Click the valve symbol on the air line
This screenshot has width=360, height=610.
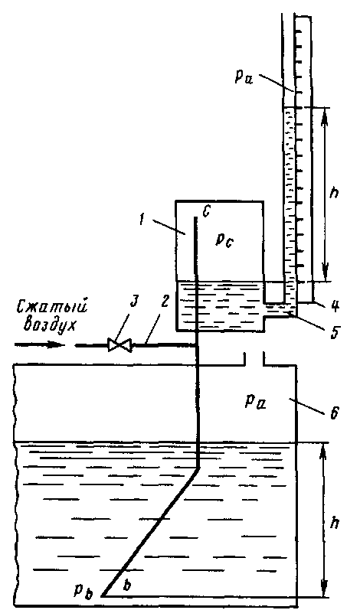(x=119, y=345)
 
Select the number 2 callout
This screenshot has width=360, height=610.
(x=165, y=302)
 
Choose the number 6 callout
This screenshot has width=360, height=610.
(x=334, y=413)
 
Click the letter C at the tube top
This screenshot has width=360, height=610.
(x=207, y=211)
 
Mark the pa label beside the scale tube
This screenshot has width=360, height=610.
(x=244, y=77)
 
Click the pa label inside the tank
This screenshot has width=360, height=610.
(x=255, y=400)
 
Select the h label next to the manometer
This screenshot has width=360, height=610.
(x=333, y=192)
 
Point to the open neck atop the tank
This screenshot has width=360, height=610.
(x=254, y=359)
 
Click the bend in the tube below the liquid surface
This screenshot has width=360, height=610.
(x=198, y=468)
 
